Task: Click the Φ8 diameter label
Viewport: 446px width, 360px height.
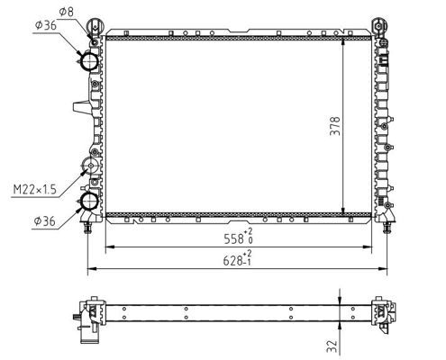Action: pyautogui.click(x=67, y=12)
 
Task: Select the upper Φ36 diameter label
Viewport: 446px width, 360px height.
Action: pyautogui.click(x=45, y=25)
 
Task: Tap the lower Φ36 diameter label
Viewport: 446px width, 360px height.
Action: pyautogui.click(x=44, y=221)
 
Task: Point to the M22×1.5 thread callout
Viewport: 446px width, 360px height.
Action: pyautogui.click(x=35, y=190)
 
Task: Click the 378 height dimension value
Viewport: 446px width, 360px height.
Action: pyautogui.click(x=335, y=126)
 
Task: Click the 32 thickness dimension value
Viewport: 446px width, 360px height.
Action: pyautogui.click(x=332, y=346)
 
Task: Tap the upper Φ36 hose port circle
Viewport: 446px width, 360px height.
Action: pyautogui.click(x=89, y=61)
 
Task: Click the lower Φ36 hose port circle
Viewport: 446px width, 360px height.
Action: pyautogui.click(x=89, y=202)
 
